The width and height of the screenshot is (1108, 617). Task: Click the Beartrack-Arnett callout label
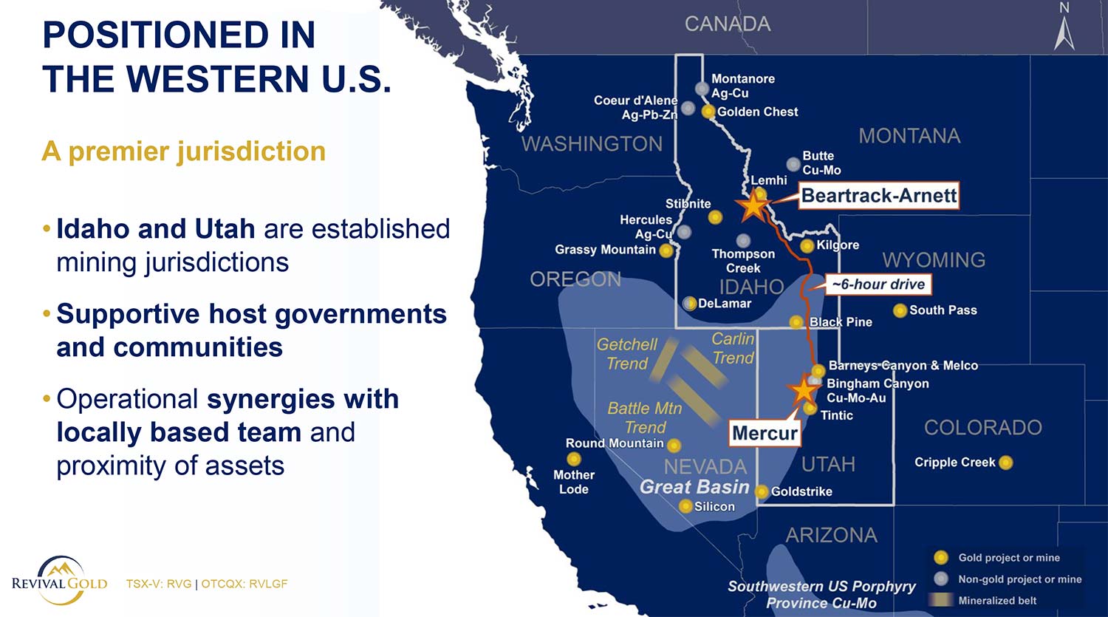[878, 196]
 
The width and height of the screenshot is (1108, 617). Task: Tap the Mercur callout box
[765, 433]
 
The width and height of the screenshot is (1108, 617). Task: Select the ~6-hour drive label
[878, 284]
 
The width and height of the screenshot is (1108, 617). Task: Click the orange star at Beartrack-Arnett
[753, 205]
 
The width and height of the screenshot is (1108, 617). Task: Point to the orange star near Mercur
[802, 389]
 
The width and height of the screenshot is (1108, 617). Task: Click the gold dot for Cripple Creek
[1005, 463]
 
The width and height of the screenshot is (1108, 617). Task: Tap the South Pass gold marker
[900, 310]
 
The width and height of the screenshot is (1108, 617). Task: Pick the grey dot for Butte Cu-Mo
[793, 164]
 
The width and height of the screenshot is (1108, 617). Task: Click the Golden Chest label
[758, 112]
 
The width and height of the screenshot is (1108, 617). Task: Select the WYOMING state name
[934, 260]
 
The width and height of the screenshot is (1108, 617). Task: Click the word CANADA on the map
[728, 24]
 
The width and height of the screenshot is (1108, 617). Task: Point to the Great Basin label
[694, 487]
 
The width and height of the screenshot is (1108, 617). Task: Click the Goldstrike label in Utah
[801, 491]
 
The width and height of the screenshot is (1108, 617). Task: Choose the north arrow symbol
[1064, 30]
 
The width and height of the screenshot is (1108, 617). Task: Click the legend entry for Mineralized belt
[997, 601]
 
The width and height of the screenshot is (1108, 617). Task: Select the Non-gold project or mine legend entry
[1019, 579]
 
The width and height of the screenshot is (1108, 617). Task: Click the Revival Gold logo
[60, 581]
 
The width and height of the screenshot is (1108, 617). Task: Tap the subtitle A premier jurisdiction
[184, 151]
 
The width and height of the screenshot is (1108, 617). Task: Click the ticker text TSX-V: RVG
[158, 584]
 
